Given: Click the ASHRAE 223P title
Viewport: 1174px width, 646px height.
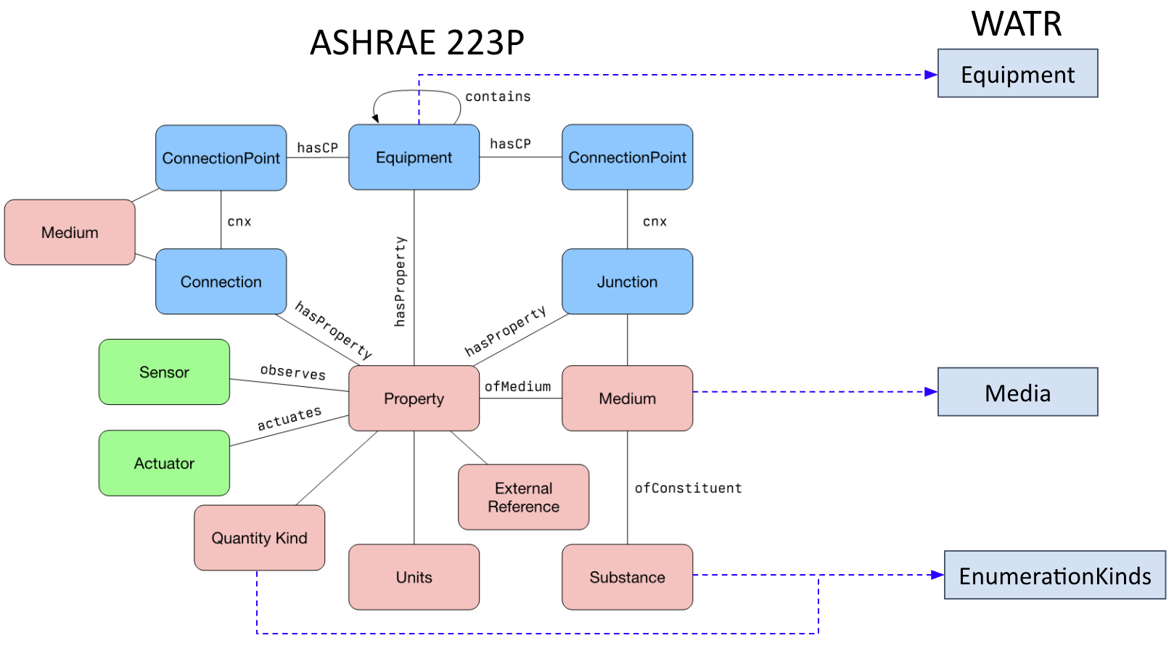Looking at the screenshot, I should coord(416,43).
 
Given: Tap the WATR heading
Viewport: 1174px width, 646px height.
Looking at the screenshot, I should coord(1017,24).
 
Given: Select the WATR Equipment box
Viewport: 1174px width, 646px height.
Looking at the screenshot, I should coord(1017,73).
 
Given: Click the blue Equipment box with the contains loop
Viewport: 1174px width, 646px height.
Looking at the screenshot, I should coord(414,158).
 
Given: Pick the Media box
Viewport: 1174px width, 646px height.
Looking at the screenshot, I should coord(1017,392).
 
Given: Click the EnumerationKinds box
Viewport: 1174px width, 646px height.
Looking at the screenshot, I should coord(1054,576).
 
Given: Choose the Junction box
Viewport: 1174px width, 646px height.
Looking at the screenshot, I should coord(627,282).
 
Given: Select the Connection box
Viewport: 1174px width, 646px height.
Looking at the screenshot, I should coord(221,282).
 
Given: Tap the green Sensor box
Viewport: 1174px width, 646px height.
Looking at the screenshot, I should coord(164,372).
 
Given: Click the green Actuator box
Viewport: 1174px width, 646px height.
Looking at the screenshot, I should coord(164,463).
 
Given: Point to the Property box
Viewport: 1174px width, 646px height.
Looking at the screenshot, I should coord(414,398).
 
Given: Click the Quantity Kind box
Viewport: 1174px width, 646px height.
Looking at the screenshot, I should coord(259,538).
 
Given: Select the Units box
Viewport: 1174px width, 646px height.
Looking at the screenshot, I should coord(414,577).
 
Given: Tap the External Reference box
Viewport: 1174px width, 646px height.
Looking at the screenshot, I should coord(523,497).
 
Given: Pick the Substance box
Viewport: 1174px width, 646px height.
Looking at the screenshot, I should coord(627,577).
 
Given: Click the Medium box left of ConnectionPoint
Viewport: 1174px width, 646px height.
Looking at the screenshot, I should coord(70,232).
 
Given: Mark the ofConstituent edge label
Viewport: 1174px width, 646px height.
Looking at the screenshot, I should coord(688,488).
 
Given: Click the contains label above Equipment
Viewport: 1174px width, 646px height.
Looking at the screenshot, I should coord(498,97).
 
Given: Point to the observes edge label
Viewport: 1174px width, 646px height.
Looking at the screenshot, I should coord(293,372).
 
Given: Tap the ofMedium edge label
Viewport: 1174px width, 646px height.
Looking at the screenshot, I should coord(517,386).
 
